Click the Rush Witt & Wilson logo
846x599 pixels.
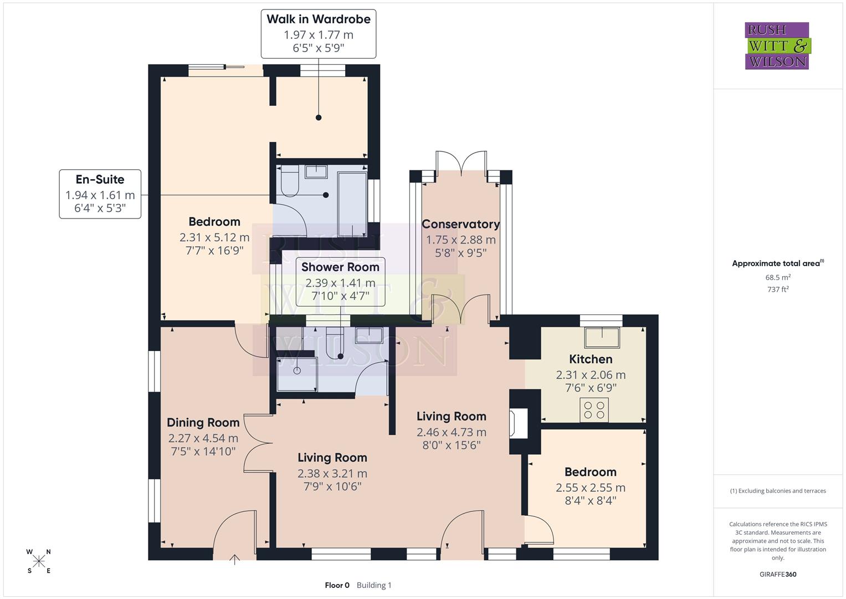pos(777,46)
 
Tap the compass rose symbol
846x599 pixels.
pos(39,561)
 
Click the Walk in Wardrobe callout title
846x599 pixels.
pos(318,19)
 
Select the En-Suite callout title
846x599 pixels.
pos(100,180)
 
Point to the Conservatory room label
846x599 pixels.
pos(460,224)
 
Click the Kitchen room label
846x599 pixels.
pos(591,359)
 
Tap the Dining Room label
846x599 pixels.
pos(203,423)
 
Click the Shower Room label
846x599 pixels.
pos(340,267)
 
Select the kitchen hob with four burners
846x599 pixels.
pos(594,410)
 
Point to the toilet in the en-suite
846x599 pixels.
pos(289,184)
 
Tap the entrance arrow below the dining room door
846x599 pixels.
pos(234,559)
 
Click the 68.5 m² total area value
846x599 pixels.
pos(778,277)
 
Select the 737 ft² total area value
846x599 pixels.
pos(778,289)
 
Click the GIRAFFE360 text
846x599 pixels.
pos(778,575)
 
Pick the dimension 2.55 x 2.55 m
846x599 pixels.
pos(591,488)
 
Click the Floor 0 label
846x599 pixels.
pos(337,585)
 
